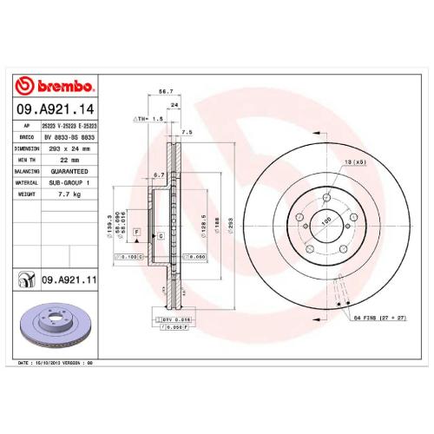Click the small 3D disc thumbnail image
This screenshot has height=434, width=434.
(x=52, y=323)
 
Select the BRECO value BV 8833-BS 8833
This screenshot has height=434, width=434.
(x=68, y=136)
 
